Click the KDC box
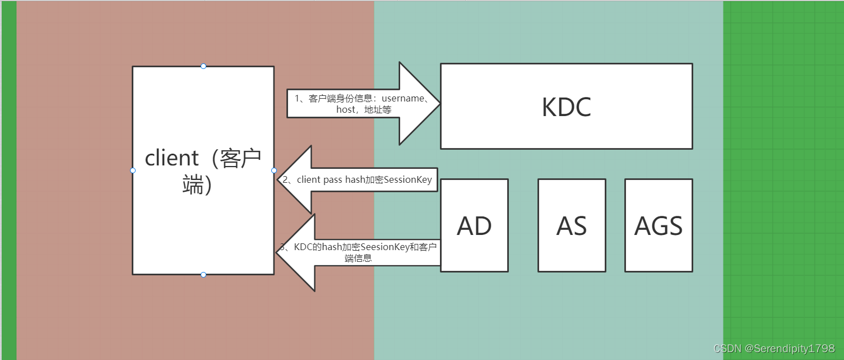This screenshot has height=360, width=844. (x=566, y=107)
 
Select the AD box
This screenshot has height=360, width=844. (x=474, y=225)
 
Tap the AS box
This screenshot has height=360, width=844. (x=572, y=225)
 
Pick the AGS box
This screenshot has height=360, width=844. (x=658, y=225)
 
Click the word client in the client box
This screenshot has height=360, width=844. (x=171, y=158)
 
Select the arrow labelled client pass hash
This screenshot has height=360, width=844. (x=359, y=180)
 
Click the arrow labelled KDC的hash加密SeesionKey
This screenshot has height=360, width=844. (x=359, y=252)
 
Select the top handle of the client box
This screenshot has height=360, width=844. (x=203, y=66)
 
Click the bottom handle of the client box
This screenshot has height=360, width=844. (x=203, y=275)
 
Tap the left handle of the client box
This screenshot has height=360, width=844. (x=133, y=170)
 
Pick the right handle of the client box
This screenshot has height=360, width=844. (x=274, y=170)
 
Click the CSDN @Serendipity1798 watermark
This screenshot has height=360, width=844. (x=774, y=349)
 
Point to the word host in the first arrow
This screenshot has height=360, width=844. (x=346, y=110)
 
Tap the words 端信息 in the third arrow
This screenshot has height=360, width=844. (x=359, y=259)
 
